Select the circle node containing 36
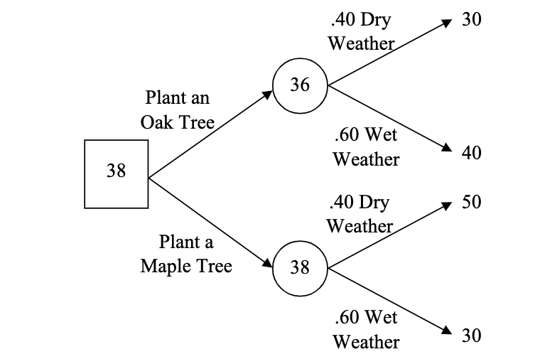click(300, 86)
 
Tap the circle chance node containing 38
click(300, 268)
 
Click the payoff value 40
click(471, 153)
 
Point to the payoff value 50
click(471, 202)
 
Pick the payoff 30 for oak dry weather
click(471, 20)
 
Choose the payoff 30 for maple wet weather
click(471, 336)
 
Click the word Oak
click(156, 122)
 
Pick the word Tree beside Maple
click(215, 267)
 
